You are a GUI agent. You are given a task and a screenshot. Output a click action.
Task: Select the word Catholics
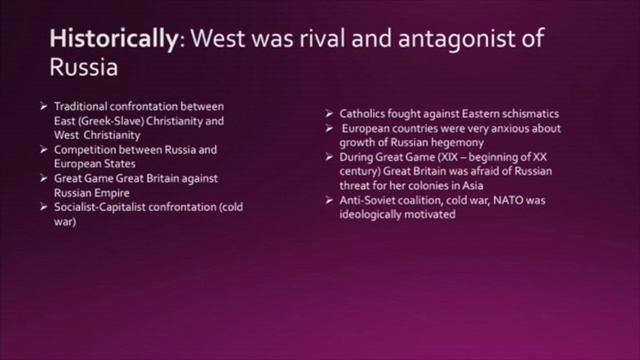coord(367,113)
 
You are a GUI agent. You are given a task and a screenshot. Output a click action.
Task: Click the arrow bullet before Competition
coord(43,149)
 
